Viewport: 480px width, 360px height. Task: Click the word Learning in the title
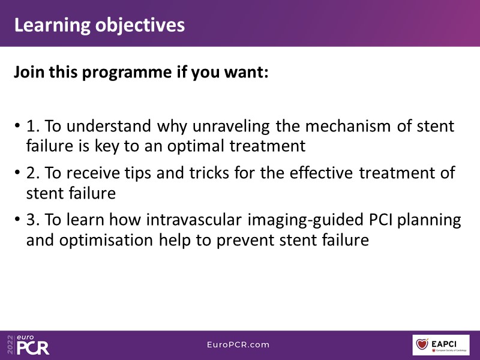pyautogui.click(x=52, y=26)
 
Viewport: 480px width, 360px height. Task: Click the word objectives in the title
pyautogui.click(x=140, y=26)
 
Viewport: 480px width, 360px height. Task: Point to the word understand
pyautogui.click(x=109, y=126)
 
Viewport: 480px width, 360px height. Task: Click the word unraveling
pyautogui.click(x=231, y=127)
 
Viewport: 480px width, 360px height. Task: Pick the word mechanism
pyautogui.click(x=348, y=126)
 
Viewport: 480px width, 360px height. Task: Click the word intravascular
pyautogui.click(x=194, y=220)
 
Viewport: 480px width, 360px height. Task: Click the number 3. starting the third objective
pyautogui.click(x=33, y=220)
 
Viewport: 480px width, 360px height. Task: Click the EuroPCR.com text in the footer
pyautogui.click(x=238, y=344)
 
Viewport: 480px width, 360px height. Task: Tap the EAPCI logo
pyautogui.click(x=441, y=345)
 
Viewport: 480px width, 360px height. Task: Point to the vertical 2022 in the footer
pyautogui.click(x=10, y=345)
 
